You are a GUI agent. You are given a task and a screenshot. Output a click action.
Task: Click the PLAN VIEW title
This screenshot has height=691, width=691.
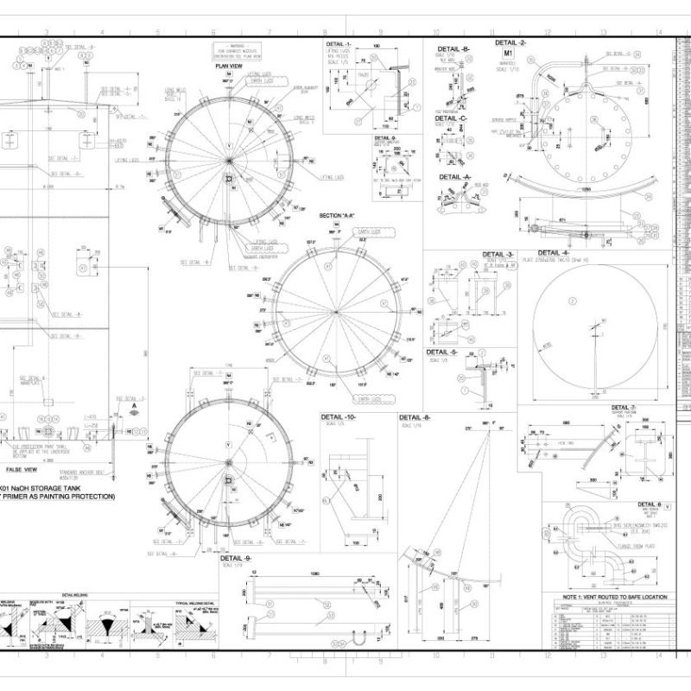[229, 65]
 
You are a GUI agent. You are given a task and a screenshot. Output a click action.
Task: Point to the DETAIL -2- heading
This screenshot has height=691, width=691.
[511, 42]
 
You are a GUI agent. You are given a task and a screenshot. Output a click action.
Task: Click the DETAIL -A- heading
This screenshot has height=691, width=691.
[455, 176]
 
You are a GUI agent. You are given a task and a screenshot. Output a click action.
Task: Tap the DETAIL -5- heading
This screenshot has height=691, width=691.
[441, 352]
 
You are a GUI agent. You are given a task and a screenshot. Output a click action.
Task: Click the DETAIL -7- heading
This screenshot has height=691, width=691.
[623, 407]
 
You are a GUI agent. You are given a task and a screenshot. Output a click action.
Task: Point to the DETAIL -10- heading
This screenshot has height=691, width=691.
[339, 416]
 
